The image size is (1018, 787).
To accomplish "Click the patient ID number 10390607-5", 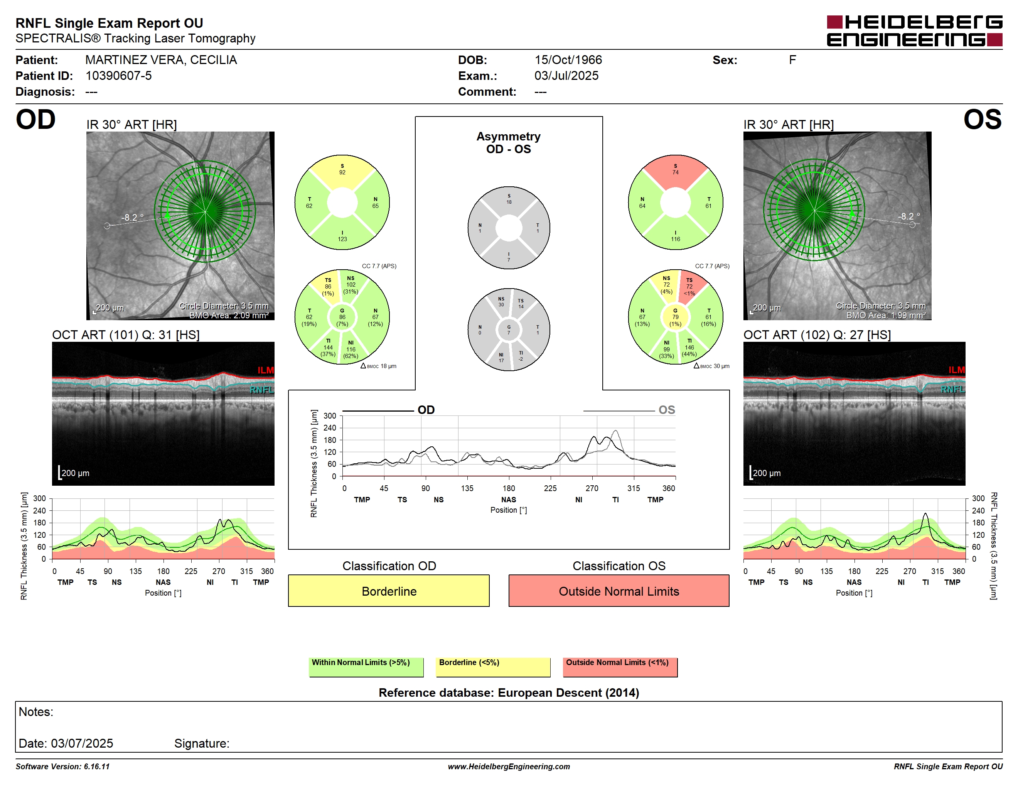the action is click(x=118, y=76).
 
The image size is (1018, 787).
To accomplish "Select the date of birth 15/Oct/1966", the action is click(x=568, y=60).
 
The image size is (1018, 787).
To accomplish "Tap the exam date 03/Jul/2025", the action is click(x=566, y=76).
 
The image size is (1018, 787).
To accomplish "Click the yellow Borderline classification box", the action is click(x=389, y=591).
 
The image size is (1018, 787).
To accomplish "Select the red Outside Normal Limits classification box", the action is click(x=619, y=591).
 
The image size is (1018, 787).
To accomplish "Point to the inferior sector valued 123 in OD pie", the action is click(x=342, y=235).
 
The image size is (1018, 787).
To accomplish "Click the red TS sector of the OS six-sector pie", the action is click(x=691, y=286).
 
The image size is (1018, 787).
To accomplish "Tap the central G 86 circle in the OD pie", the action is click(x=342, y=317).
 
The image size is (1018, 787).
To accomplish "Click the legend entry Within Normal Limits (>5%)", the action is click(x=366, y=667).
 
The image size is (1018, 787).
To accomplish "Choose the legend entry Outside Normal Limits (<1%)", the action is click(x=620, y=667).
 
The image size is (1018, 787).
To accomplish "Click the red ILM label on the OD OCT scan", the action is click(x=266, y=370).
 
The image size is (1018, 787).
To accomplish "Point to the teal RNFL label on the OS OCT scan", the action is click(x=952, y=389).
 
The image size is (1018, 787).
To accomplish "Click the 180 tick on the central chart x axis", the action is click(x=509, y=488).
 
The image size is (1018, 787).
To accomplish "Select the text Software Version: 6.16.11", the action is click(x=62, y=767).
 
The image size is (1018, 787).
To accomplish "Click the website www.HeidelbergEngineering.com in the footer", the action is click(x=509, y=767).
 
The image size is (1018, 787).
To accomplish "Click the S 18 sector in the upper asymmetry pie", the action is click(x=509, y=199).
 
